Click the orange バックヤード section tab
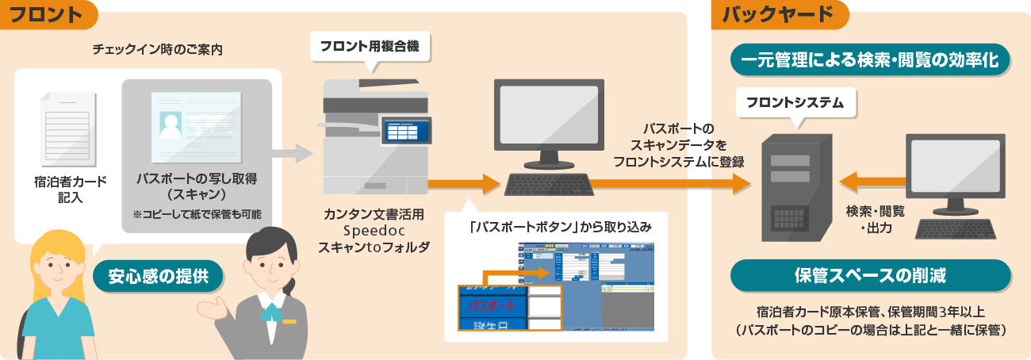tap(780, 14)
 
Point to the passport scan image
tap(197, 125)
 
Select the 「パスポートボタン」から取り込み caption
tap(560, 226)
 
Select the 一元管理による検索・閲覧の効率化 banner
tap(869, 60)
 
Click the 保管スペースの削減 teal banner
tap(870, 275)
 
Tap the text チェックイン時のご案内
tap(157, 49)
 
